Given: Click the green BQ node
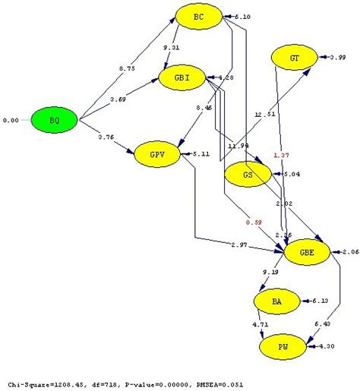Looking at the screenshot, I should point(55,119).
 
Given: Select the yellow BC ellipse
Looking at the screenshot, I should point(198,15).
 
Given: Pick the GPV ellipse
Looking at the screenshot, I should point(158,154).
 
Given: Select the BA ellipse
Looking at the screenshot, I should point(276,302).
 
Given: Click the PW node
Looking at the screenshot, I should point(283,346).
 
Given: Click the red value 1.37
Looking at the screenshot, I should point(280,155).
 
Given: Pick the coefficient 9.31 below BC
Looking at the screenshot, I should point(172,47).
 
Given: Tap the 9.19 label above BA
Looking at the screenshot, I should point(270,272).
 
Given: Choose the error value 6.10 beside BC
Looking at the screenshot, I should point(242,16).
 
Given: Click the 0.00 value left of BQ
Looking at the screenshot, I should point(11,120).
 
